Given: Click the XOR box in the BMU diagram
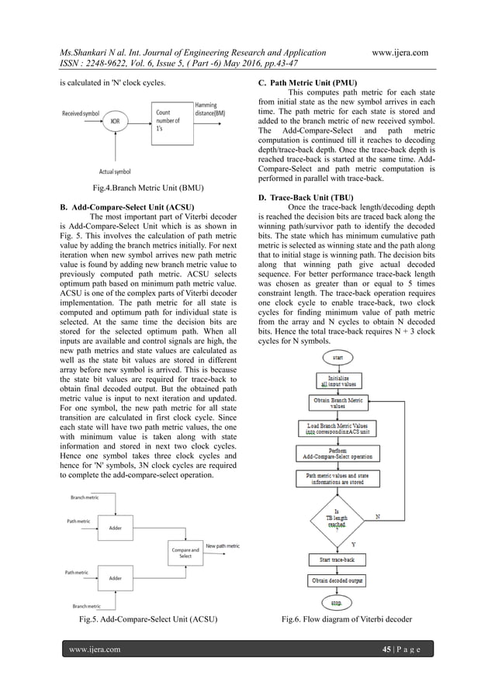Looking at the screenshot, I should click(115, 121).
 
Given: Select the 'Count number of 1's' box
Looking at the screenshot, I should click(171, 120).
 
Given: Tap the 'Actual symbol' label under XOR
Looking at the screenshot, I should click(115, 171).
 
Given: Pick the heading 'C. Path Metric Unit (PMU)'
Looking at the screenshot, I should click(313, 81).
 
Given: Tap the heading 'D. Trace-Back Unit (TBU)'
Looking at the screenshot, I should click(311, 199).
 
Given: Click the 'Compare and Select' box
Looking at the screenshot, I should click(185, 552).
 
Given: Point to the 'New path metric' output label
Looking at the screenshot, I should click(223, 546).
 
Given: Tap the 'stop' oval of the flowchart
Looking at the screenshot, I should click(337, 601).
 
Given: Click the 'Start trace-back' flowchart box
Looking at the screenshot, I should click(337, 559).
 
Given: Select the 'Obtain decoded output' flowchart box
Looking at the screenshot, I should click(337, 580).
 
